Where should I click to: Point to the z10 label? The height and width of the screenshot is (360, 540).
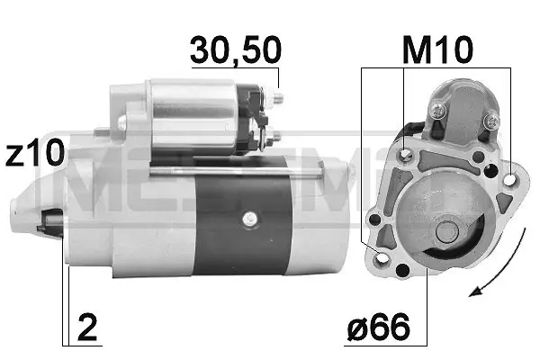point(33,154)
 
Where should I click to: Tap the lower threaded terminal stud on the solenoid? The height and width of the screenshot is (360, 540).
point(276,137)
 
